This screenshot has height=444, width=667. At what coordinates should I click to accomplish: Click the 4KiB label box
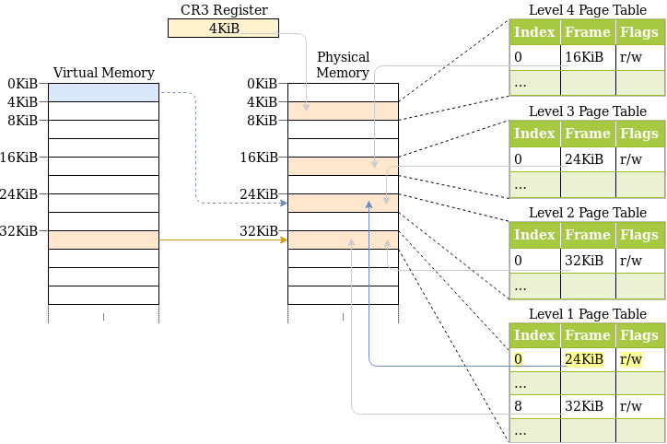tap(223, 29)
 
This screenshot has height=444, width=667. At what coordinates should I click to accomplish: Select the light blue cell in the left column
tap(103, 92)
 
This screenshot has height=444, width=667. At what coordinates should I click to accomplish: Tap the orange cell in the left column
tap(103, 240)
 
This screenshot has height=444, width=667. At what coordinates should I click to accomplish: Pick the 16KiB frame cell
tap(588, 57)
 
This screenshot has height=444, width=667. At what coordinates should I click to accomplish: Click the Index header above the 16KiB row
tap(534, 32)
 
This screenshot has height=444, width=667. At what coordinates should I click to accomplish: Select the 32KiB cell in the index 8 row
tap(588, 406)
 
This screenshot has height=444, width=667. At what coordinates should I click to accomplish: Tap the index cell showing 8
tap(534, 406)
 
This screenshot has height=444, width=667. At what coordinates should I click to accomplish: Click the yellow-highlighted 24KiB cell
tap(588, 359)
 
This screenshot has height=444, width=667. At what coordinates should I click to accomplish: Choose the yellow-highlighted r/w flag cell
tap(638, 359)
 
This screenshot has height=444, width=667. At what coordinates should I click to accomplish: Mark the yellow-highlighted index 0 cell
tap(534, 359)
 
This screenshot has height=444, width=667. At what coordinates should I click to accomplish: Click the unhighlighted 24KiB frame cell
tap(588, 158)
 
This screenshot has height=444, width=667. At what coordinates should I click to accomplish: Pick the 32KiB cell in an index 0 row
tap(588, 260)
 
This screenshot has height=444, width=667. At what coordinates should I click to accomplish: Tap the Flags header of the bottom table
tap(638, 335)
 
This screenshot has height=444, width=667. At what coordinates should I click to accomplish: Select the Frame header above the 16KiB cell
tap(588, 32)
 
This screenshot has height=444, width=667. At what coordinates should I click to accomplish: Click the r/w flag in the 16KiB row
tap(638, 57)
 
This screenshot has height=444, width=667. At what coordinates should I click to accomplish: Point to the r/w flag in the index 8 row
tap(638, 406)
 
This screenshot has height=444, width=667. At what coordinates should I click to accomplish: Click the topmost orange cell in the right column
tap(343, 111)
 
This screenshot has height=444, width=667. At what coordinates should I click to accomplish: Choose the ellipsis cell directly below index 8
tap(534, 430)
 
